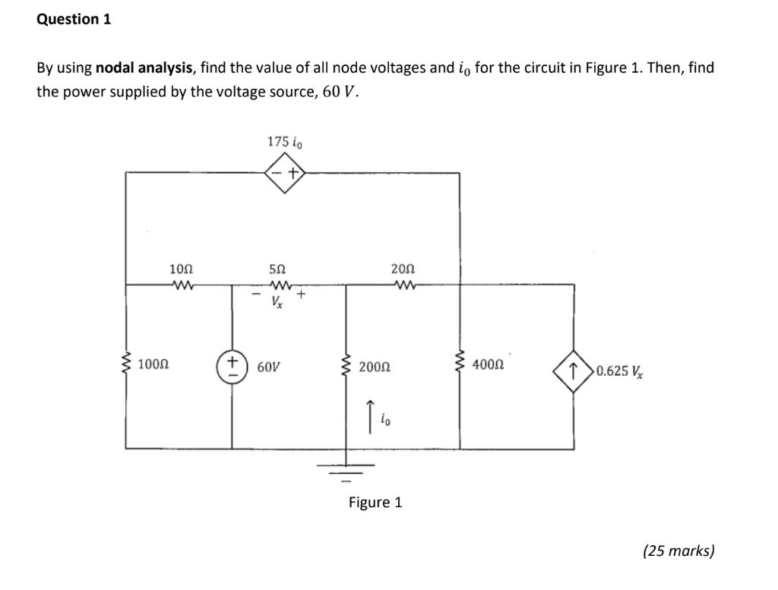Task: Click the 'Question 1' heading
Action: pyautogui.click(x=74, y=20)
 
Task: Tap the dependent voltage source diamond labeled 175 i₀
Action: pyautogui.click(x=284, y=174)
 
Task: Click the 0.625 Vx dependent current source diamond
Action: pyautogui.click(x=574, y=370)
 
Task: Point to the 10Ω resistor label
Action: pyautogui.click(x=182, y=269)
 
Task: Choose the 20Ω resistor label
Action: pyautogui.click(x=403, y=269)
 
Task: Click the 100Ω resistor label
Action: pyautogui.click(x=153, y=366)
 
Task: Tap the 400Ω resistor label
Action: pyautogui.click(x=488, y=365)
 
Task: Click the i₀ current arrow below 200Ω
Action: pyautogui.click(x=370, y=413)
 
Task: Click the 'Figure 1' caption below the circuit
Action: pyautogui.click(x=375, y=502)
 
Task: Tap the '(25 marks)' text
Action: pyautogui.click(x=678, y=551)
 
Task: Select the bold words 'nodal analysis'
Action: pyautogui.click(x=145, y=68)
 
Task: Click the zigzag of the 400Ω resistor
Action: pyautogui.click(x=460, y=366)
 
